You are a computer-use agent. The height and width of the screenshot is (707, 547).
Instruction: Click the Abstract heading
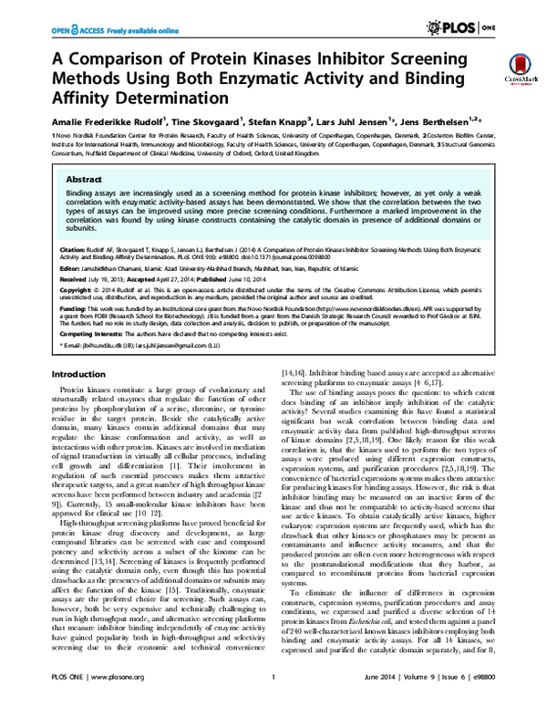[83, 182]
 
